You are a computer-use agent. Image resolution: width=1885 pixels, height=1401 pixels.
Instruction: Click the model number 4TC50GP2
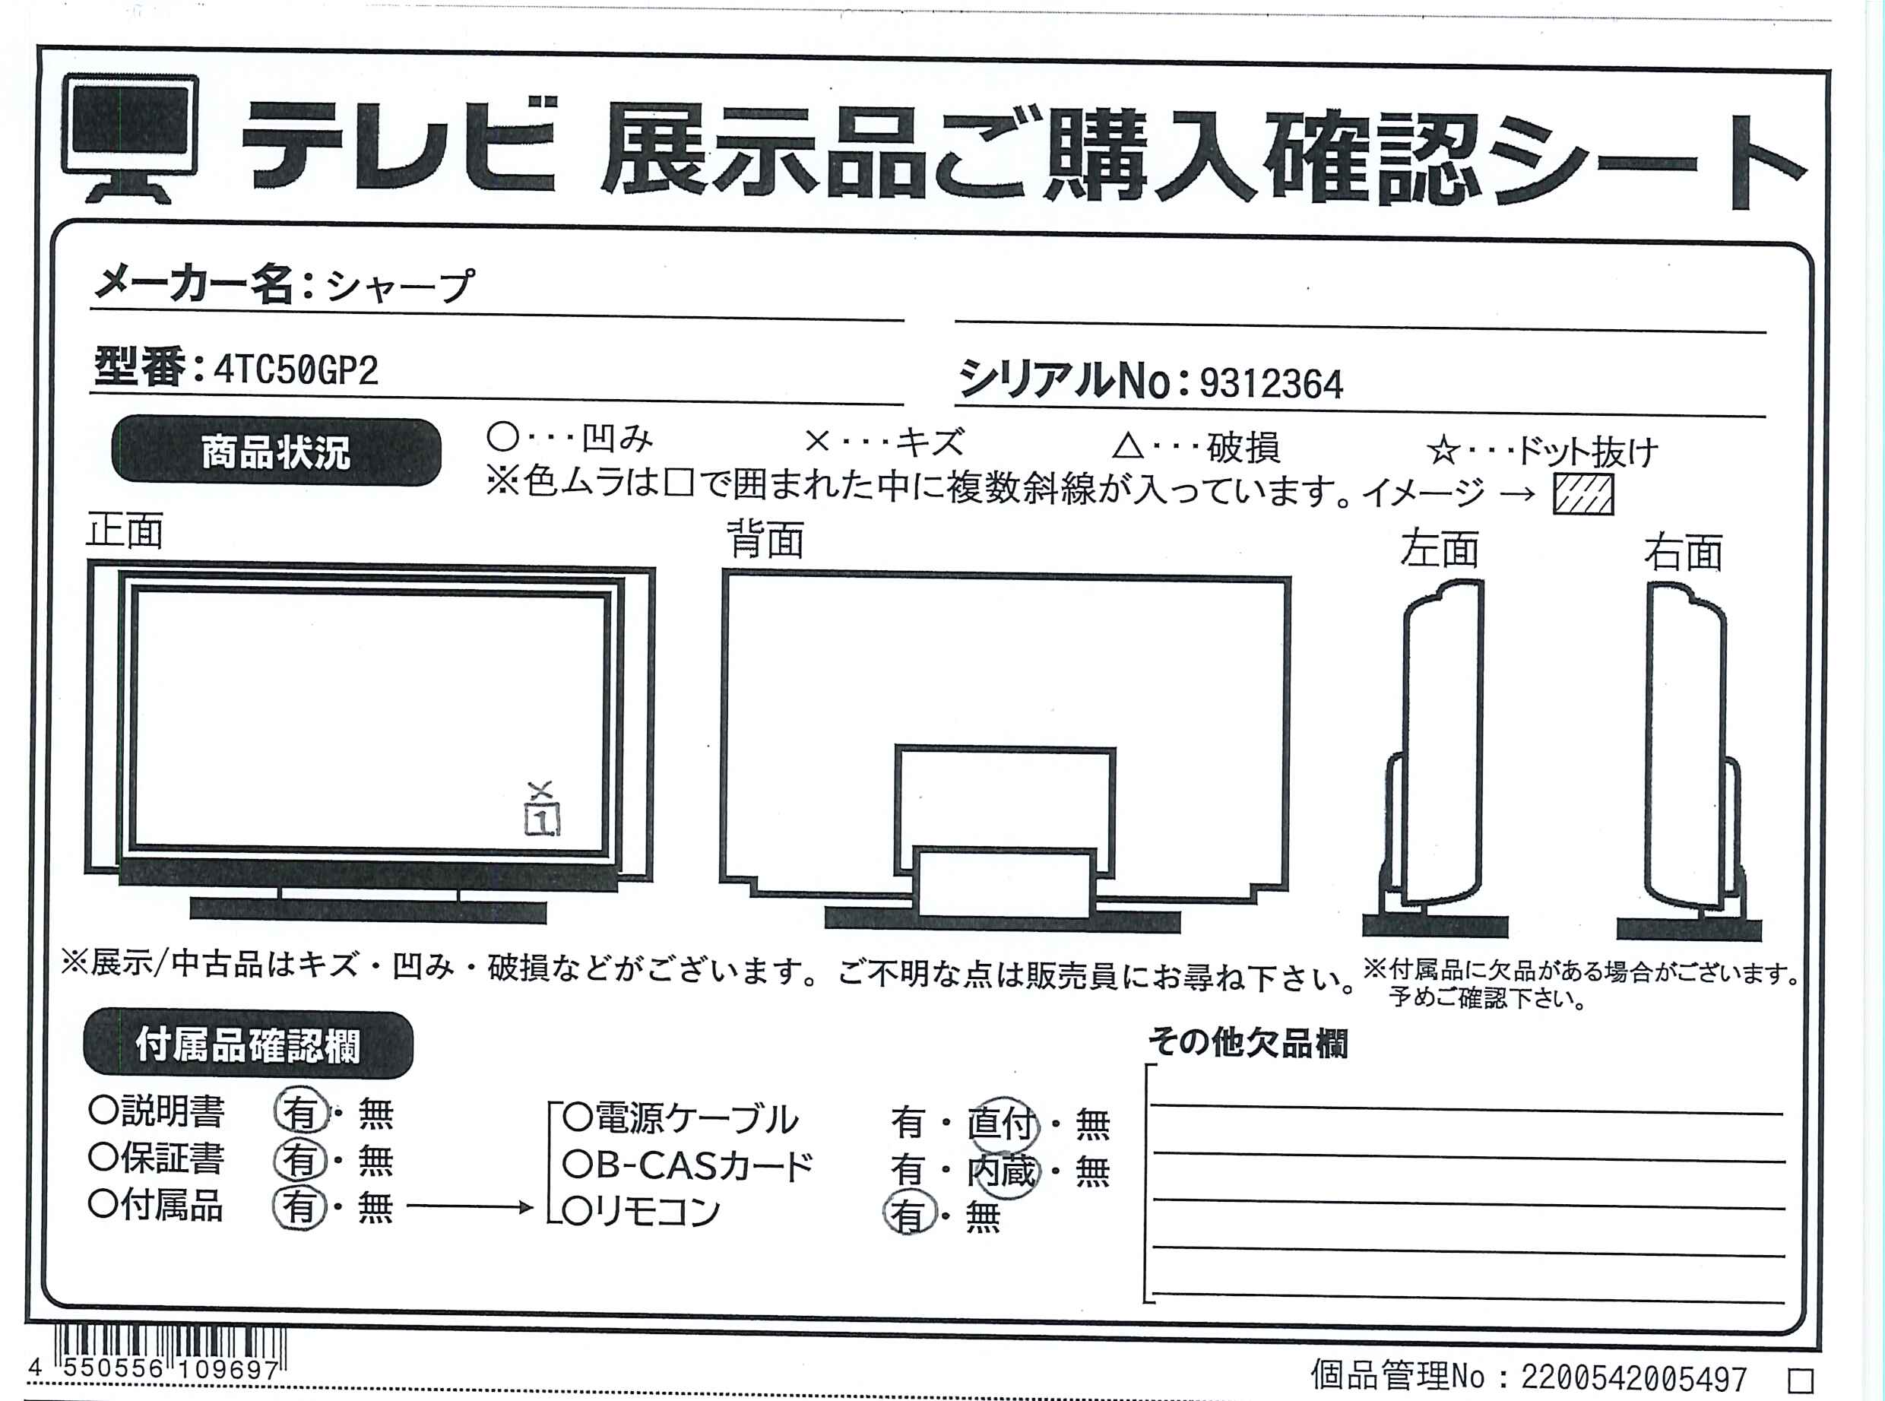click(x=295, y=369)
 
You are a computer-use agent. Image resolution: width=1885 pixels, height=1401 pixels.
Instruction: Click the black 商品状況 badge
click(x=277, y=452)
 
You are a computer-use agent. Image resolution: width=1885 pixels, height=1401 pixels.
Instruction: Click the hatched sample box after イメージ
click(x=1583, y=494)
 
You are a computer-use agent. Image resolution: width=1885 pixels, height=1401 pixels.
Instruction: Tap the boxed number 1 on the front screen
click(x=543, y=819)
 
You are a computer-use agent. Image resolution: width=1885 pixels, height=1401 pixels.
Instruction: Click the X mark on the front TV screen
click(x=540, y=791)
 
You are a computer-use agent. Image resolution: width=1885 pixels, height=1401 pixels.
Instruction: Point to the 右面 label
click(x=1683, y=552)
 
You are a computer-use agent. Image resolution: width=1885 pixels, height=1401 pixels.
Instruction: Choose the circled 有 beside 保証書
click(x=300, y=1159)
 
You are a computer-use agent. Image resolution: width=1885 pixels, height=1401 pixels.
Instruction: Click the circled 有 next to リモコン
click(x=908, y=1215)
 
